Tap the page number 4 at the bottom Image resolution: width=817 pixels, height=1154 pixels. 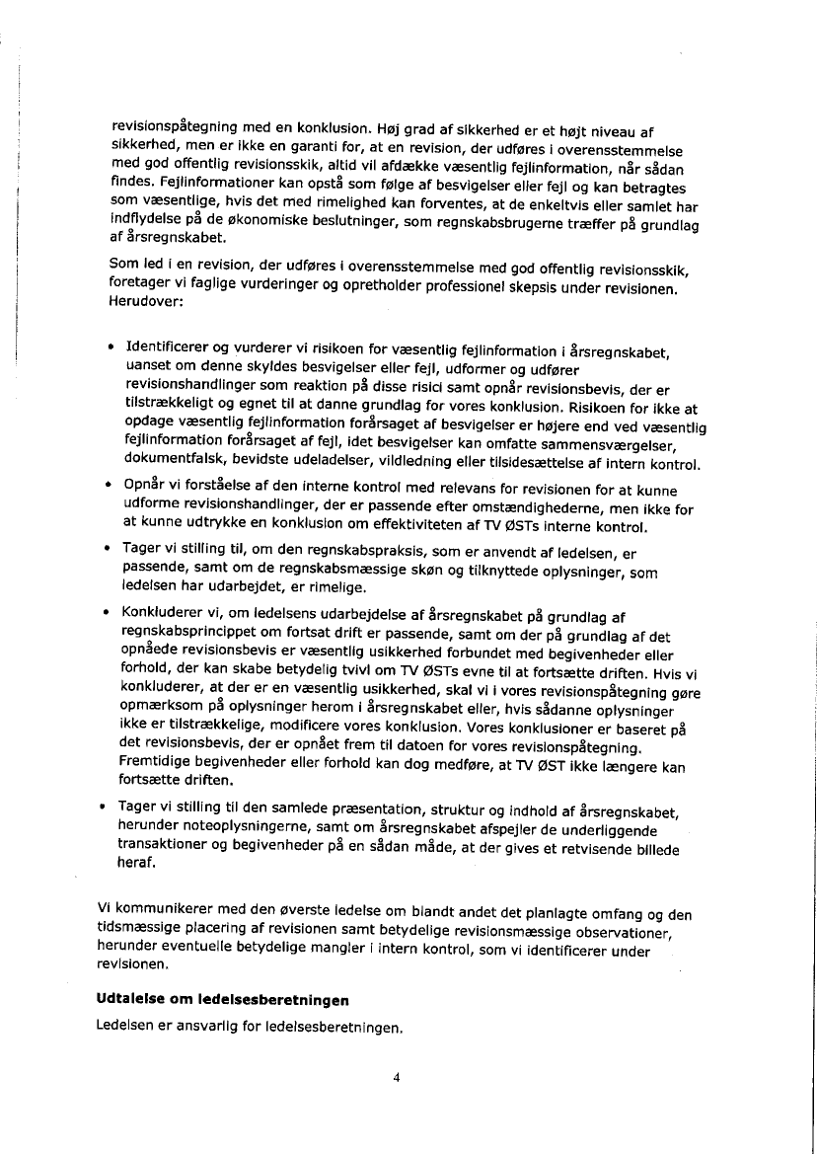[396, 1078]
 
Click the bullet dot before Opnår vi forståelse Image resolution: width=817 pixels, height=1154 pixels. [110, 486]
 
